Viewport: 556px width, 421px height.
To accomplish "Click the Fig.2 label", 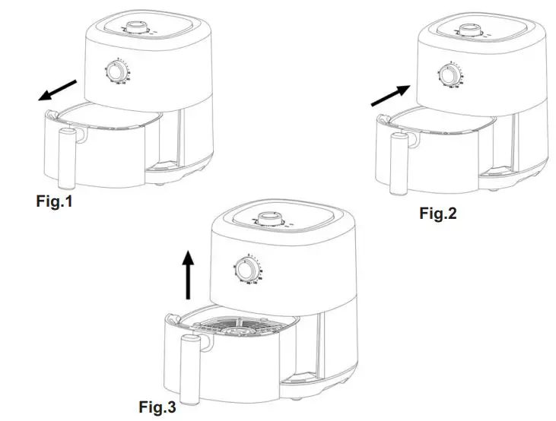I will tap(438, 214).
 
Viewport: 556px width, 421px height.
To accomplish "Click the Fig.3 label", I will tap(157, 407).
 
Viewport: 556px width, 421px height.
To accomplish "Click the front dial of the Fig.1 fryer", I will tap(117, 72).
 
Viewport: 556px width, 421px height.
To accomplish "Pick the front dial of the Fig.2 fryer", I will tap(448, 77).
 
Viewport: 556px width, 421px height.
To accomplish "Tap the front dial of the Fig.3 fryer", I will tap(246, 270).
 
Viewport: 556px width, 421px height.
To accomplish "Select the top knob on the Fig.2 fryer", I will tap(465, 30).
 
